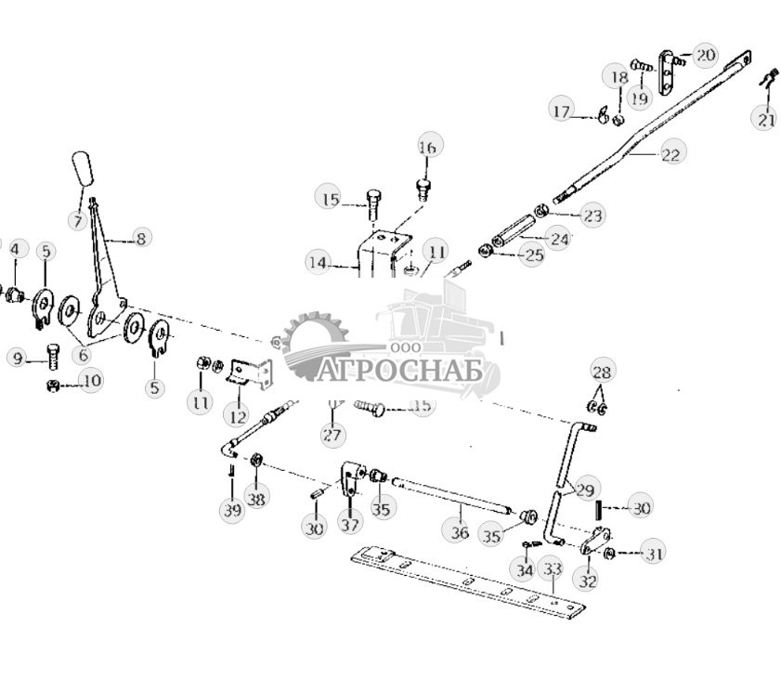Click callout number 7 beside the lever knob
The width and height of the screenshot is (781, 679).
point(76,221)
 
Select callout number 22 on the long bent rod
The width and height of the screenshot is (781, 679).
point(670,154)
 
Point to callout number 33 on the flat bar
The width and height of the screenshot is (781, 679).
point(553,568)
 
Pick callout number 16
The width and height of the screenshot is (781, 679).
point(427,147)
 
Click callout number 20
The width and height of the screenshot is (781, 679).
point(705,55)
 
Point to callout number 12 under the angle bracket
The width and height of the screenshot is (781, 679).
point(240,417)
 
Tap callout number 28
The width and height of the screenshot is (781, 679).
point(602,372)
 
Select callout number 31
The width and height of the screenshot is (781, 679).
point(655,555)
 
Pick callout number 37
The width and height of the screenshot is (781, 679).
point(349,525)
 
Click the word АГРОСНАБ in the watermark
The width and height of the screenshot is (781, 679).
point(404,371)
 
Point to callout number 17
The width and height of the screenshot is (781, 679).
point(561,112)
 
